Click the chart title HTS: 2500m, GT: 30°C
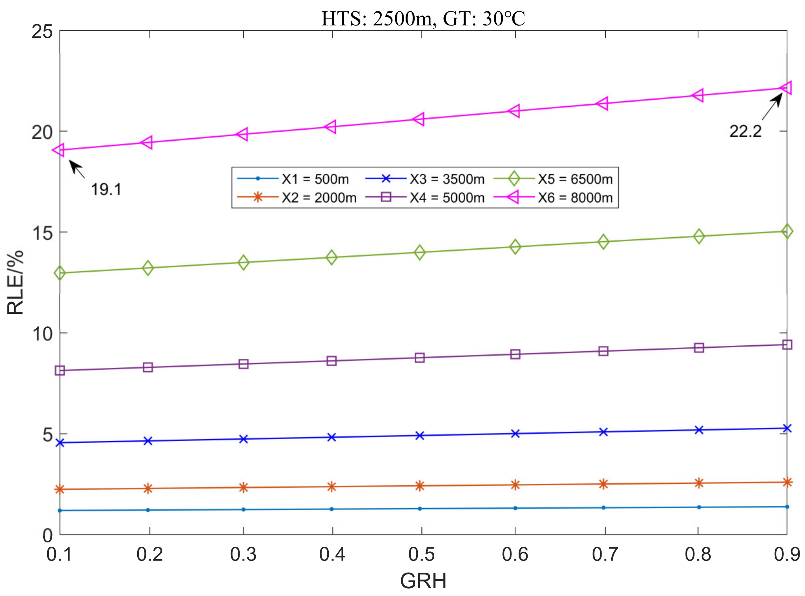[x=423, y=19]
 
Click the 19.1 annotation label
[x=106, y=189]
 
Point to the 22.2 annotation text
[x=745, y=131]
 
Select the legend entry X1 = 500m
[x=315, y=179]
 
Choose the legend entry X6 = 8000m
[x=575, y=198]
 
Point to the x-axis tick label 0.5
[x=421, y=554]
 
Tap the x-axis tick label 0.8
[x=698, y=554]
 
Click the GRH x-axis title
[x=423, y=581]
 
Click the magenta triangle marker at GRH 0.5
[x=419, y=119]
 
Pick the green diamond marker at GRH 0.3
[x=243, y=262]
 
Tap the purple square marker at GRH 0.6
[x=515, y=354]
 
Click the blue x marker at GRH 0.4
[x=332, y=437]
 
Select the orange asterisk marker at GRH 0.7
[x=603, y=484]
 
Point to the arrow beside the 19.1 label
[x=77, y=169]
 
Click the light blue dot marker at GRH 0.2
[x=148, y=510]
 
